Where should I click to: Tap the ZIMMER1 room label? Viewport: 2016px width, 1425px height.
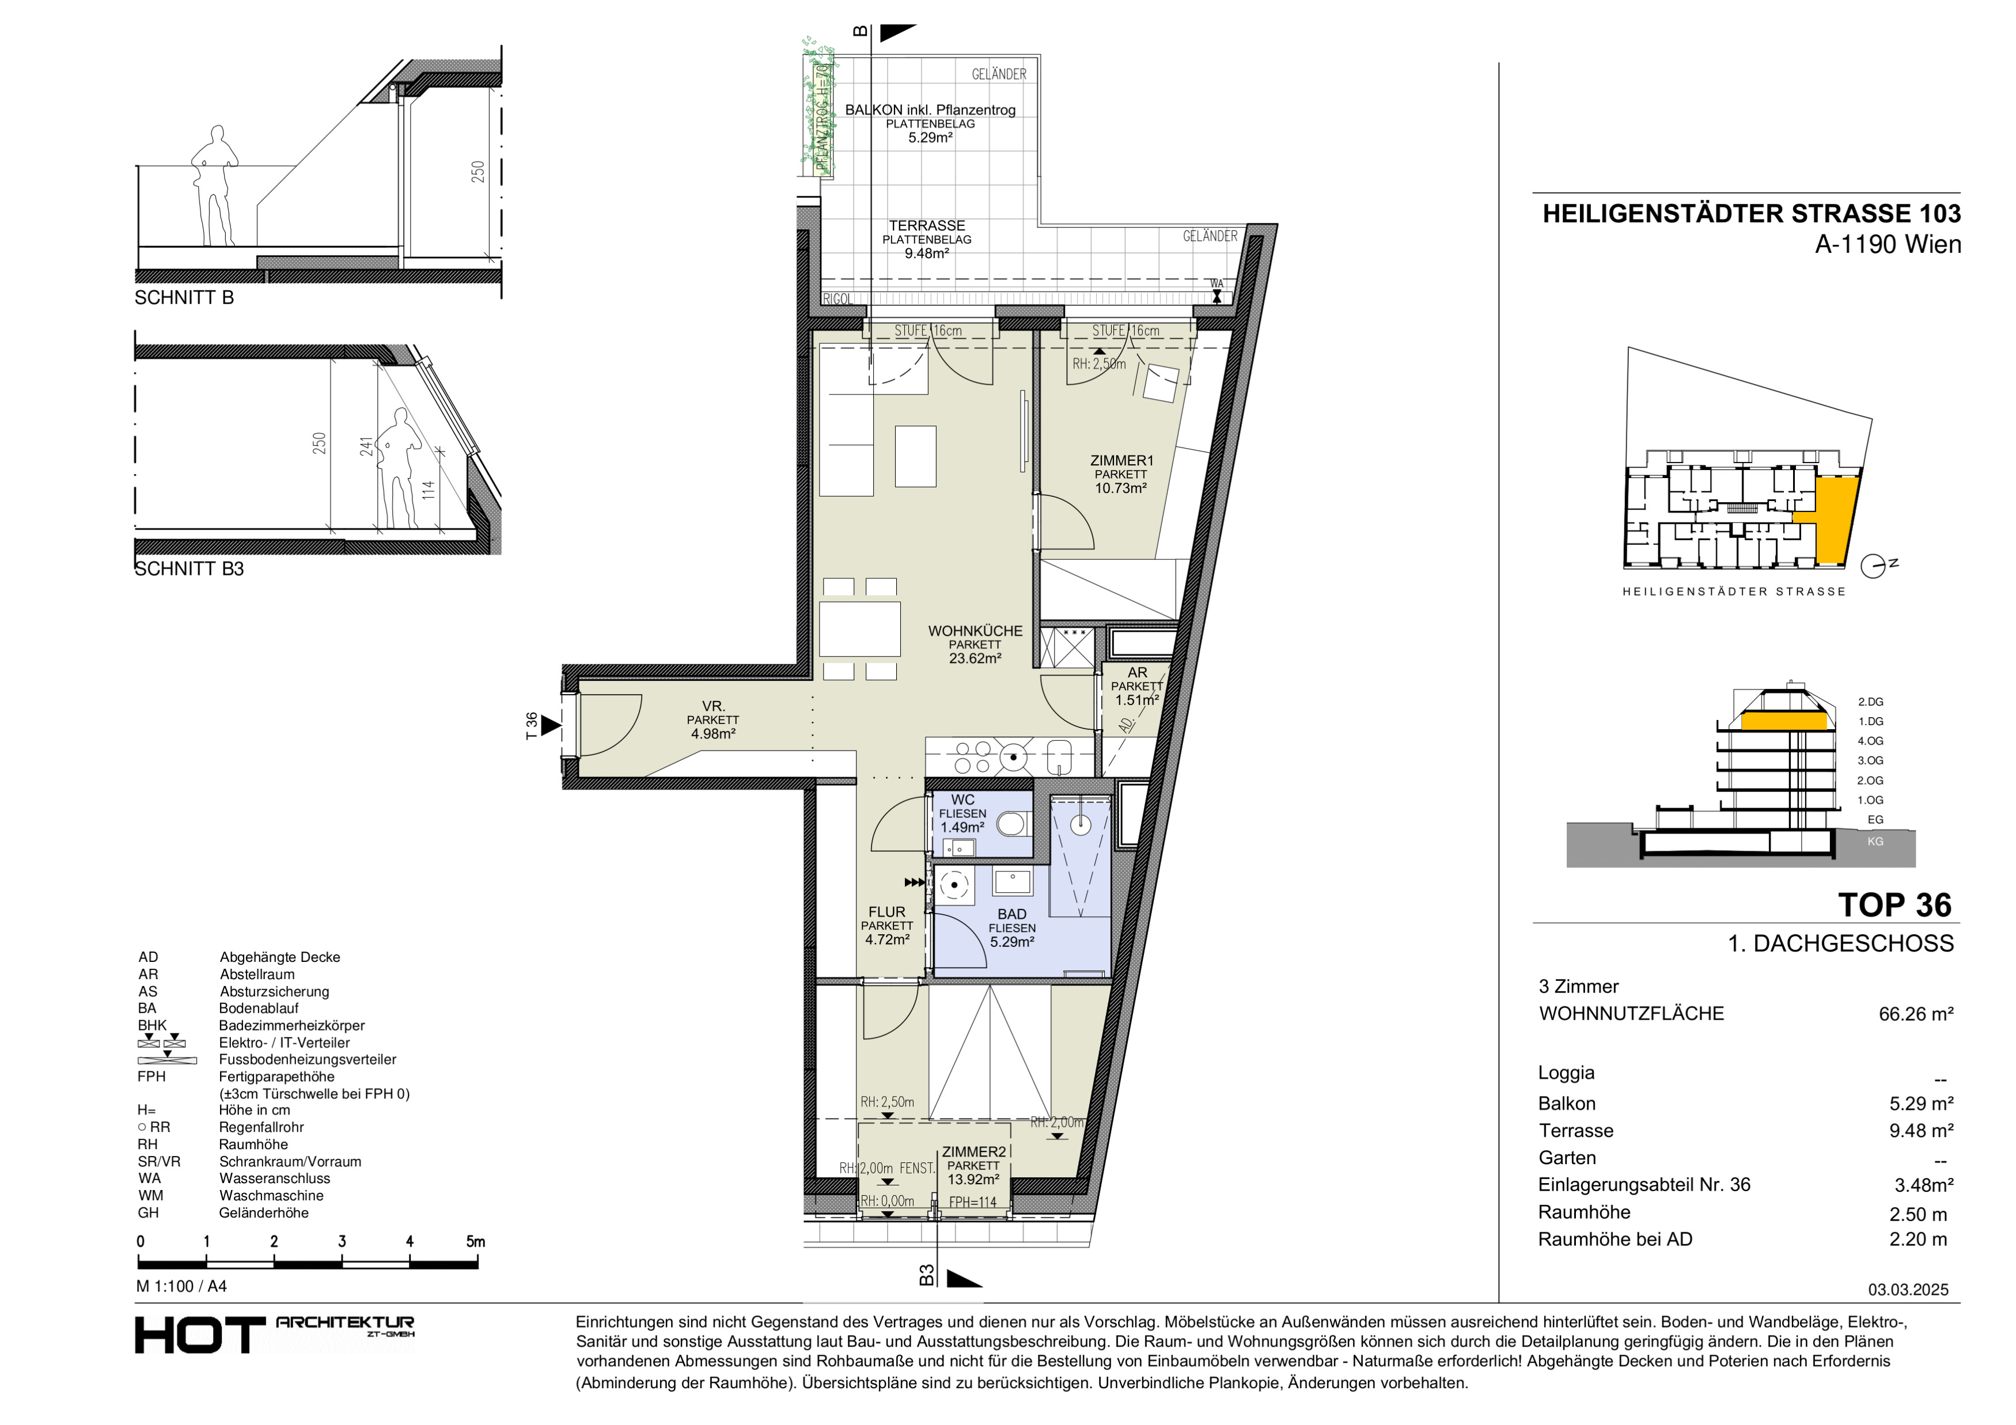(x=1121, y=460)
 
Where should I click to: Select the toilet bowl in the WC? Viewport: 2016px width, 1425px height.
(x=1013, y=824)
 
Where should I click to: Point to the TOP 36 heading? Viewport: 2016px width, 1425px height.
(x=1894, y=904)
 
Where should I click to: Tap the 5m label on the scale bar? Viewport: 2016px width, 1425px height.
(x=475, y=1241)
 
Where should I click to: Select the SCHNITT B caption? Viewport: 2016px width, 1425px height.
(x=184, y=298)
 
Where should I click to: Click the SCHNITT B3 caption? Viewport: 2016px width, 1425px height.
(x=189, y=569)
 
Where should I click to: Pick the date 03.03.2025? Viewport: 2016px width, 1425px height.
(x=1908, y=1290)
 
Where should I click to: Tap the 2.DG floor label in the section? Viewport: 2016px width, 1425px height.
(x=1870, y=702)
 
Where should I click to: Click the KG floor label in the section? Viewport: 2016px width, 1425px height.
(x=1875, y=841)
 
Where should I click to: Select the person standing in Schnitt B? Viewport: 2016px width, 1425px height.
(x=214, y=185)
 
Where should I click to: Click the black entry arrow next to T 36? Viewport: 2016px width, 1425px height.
(x=551, y=725)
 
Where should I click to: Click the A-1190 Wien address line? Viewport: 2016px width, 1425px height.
(x=1888, y=244)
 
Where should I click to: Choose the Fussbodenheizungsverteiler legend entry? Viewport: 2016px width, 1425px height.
(x=308, y=1060)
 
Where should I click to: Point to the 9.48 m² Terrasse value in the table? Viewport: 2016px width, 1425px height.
(x=1921, y=1131)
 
